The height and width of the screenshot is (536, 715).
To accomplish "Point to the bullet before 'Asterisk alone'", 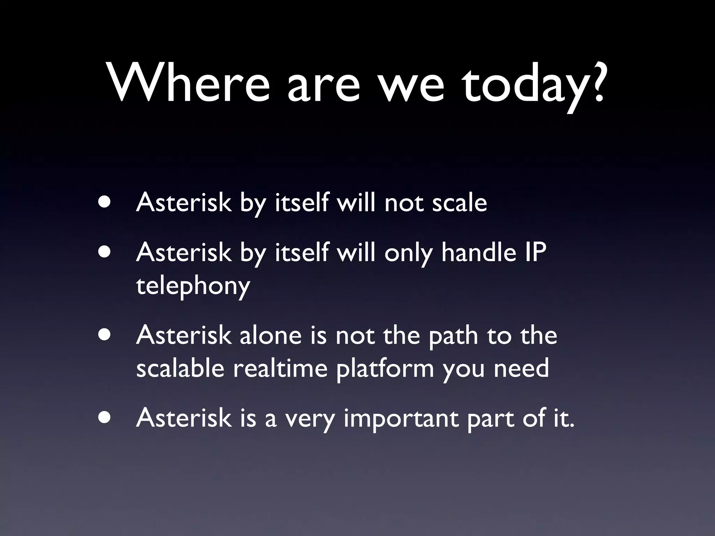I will (x=105, y=334).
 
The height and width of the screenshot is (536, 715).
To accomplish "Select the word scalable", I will (x=180, y=368).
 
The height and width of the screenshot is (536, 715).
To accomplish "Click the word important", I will (x=401, y=419).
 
